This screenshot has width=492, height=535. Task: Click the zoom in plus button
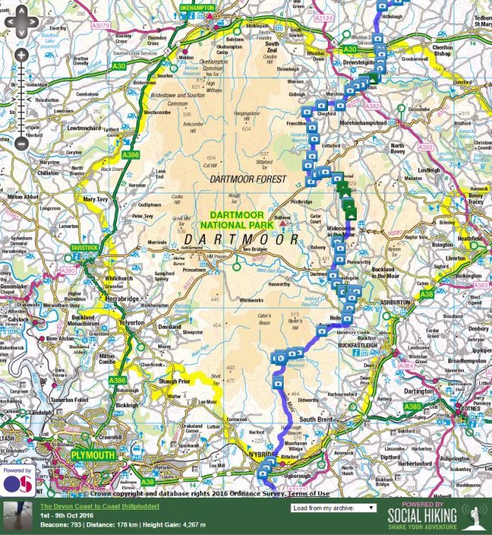tap(22, 55)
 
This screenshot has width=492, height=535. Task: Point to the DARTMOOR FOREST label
tap(248, 180)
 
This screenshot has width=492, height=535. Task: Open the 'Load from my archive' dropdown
tap(333, 507)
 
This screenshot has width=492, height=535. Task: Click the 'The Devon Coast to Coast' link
tap(80, 506)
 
